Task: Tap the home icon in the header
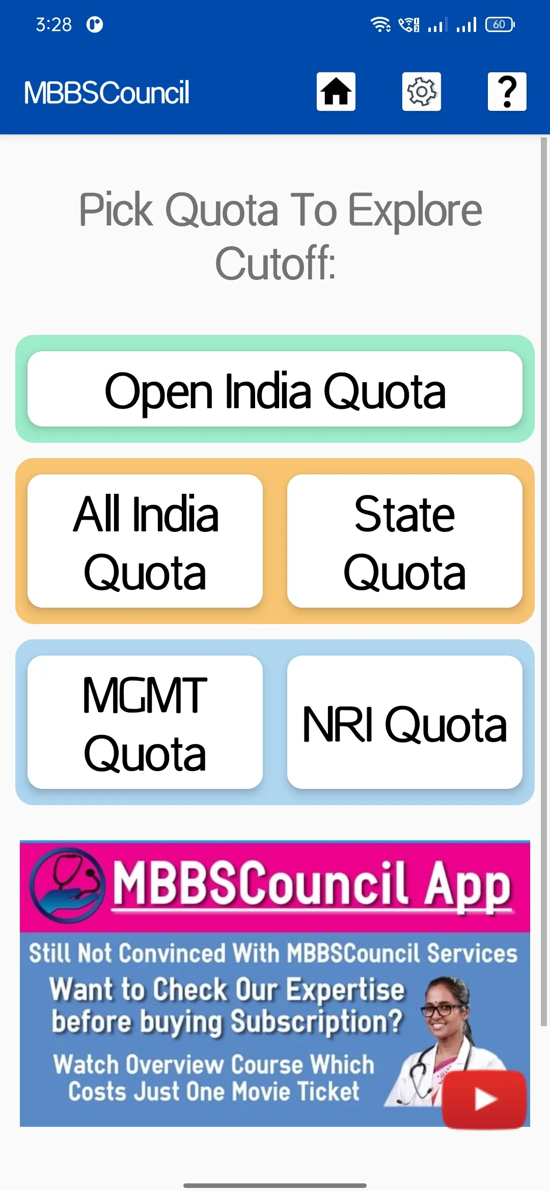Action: pyautogui.click(x=336, y=92)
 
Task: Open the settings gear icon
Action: pyautogui.click(x=422, y=92)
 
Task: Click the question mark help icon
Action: pyautogui.click(x=507, y=92)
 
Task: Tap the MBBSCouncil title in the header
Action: pyautogui.click(x=106, y=93)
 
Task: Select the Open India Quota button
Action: pyautogui.click(x=275, y=389)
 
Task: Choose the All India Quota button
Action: pyautogui.click(x=145, y=541)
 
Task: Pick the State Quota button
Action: pyautogui.click(x=405, y=541)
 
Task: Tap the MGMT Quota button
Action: pyautogui.click(x=145, y=722)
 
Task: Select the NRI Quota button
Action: pyautogui.click(x=405, y=722)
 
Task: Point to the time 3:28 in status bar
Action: pyautogui.click(x=53, y=24)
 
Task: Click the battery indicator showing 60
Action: pyautogui.click(x=500, y=24)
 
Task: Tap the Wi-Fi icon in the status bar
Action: pyautogui.click(x=380, y=24)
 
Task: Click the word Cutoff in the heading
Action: pyautogui.click(x=275, y=263)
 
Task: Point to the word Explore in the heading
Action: pyautogui.click(x=415, y=211)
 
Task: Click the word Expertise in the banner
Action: pyautogui.click(x=345, y=989)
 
